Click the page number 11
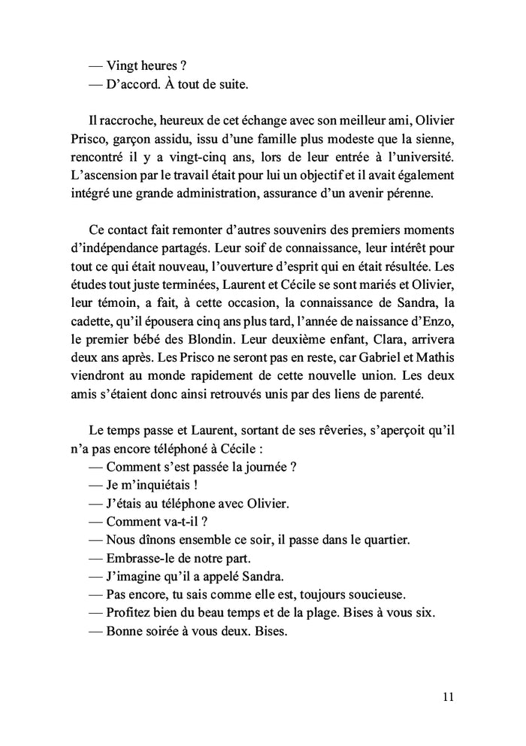[x=448, y=696]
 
